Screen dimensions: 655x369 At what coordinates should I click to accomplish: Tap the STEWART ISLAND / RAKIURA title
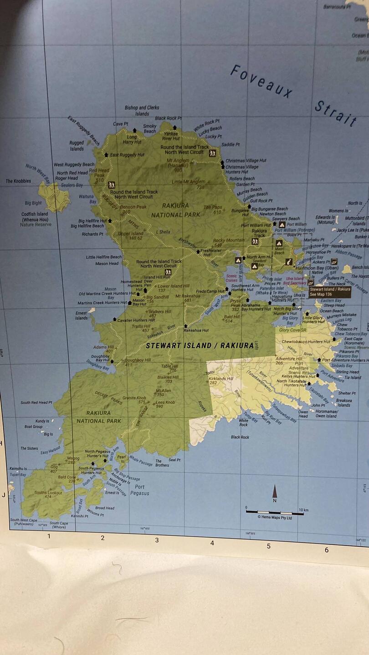(x=200, y=345)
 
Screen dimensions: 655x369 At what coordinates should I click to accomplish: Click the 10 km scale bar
(x=275, y=511)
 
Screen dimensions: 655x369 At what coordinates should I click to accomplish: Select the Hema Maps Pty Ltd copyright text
(x=275, y=517)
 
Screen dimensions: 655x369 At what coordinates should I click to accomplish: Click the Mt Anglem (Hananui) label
(x=178, y=163)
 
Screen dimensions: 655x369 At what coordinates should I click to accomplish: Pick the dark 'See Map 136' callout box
(x=330, y=292)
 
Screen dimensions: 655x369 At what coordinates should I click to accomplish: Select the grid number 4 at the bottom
(x=212, y=543)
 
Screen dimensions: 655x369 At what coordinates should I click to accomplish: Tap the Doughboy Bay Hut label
(x=100, y=358)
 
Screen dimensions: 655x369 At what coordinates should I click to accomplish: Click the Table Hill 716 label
(x=169, y=368)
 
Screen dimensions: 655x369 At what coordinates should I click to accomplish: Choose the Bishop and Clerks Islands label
(x=142, y=111)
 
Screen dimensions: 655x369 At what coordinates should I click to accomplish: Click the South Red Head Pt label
(x=36, y=403)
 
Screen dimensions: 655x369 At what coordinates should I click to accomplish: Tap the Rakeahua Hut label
(x=196, y=330)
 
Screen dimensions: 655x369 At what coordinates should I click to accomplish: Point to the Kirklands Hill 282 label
(x=220, y=380)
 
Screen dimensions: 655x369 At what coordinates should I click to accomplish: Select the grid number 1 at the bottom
(x=49, y=536)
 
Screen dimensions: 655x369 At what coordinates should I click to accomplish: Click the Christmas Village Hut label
(x=246, y=161)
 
